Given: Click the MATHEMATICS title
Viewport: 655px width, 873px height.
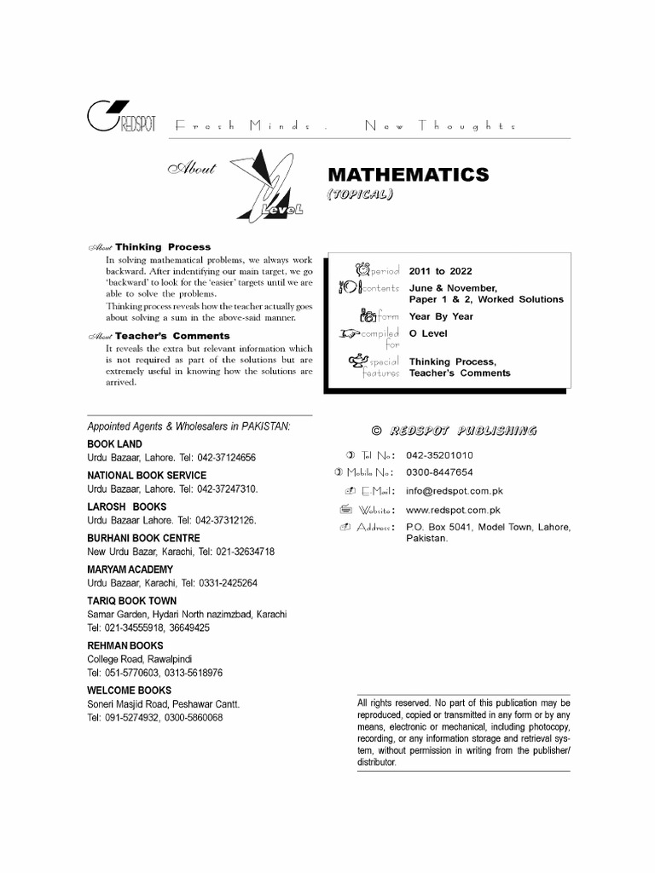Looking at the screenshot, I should coord(409,175).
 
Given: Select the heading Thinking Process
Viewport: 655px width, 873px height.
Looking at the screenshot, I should coord(163,247).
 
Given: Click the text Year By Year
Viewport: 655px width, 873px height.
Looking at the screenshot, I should coord(441,316).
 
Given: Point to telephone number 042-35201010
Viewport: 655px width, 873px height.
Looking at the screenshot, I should coord(439,455).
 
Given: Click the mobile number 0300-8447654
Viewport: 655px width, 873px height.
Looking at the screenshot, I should coord(439,472).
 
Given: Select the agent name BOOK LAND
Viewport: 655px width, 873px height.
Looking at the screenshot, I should coord(115,444).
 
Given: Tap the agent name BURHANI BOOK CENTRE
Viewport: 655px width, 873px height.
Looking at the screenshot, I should coord(144,538).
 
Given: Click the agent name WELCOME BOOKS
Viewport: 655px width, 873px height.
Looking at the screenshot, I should coord(130,690).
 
